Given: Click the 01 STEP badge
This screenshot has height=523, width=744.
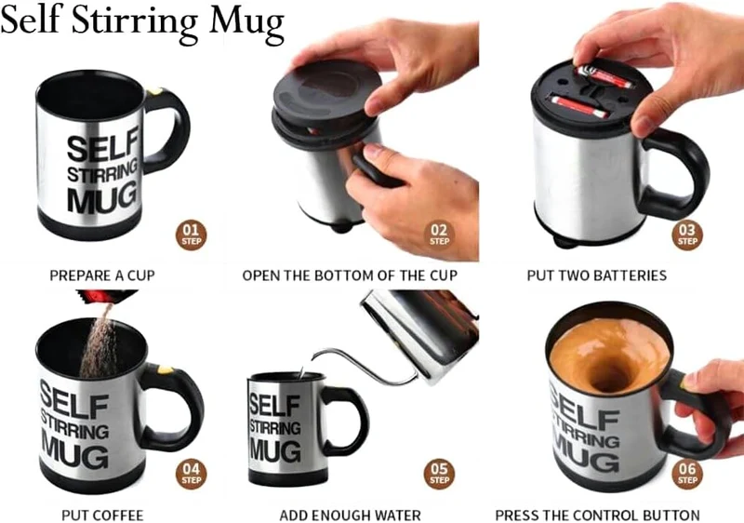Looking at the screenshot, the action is [x=192, y=235].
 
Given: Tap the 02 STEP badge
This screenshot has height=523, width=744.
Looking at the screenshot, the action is [x=439, y=235].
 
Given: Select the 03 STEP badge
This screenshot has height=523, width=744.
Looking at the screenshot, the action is [x=687, y=235].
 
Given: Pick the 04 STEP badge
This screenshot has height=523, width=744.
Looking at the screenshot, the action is [x=192, y=474].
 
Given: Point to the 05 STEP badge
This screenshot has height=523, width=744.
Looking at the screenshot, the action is [x=439, y=474].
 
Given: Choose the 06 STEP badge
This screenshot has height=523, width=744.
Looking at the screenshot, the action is [x=687, y=474].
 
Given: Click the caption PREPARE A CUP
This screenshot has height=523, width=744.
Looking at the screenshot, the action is [x=102, y=275].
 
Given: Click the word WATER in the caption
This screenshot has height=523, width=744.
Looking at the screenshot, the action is [x=397, y=515].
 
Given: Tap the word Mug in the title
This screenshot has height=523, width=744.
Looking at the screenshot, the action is [x=246, y=22].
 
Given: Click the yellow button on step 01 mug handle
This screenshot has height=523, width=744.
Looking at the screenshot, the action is [x=154, y=90].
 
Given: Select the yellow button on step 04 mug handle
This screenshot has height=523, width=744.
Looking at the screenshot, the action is [x=166, y=369].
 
